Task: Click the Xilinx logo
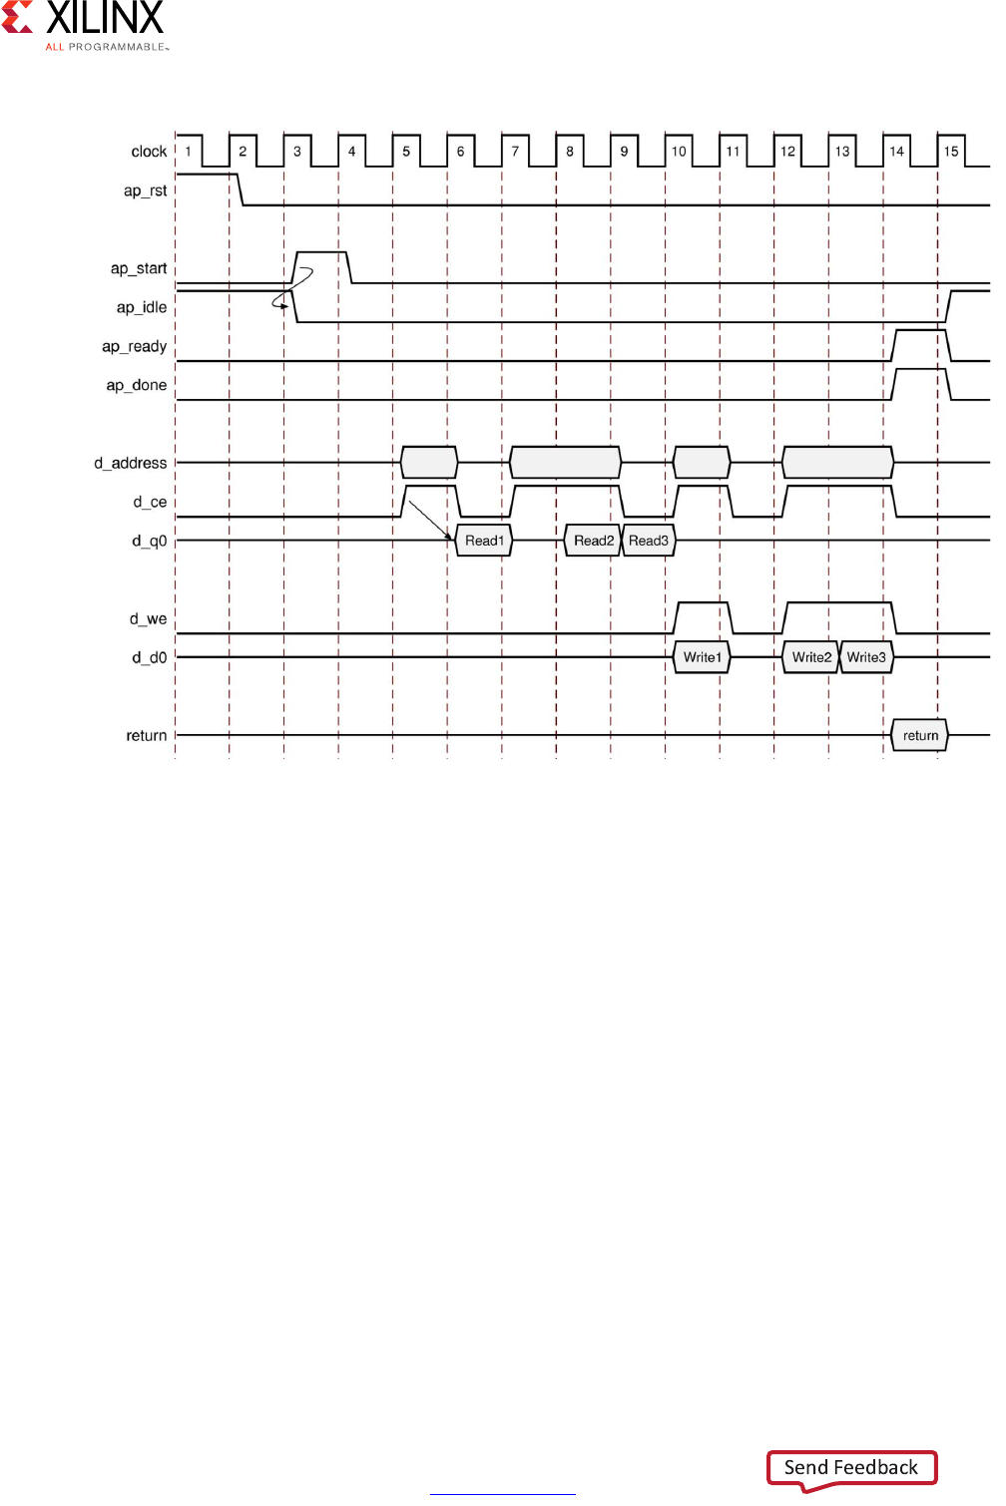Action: (x=84, y=26)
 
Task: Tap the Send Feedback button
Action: (x=851, y=1467)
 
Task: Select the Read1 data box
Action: (x=484, y=541)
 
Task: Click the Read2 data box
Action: (x=593, y=541)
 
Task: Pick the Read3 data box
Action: (x=649, y=541)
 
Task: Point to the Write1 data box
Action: (x=702, y=657)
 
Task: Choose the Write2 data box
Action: (x=811, y=657)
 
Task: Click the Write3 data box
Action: (x=866, y=657)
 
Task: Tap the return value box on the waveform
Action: (x=920, y=736)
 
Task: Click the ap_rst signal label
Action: (x=145, y=190)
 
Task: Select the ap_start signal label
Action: (x=139, y=268)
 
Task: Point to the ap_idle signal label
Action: (x=142, y=307)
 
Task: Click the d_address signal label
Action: (x=131, y=463)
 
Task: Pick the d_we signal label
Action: (x=148, y=618)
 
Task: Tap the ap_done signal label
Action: (x=137, y=385)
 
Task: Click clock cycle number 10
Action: (x=679, y=152)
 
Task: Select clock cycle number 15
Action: (x=951, y=152)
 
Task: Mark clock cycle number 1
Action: (x=188, y=152)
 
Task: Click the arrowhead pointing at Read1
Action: (x=449, y=536)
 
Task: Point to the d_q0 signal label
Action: (x=149, y=541)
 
